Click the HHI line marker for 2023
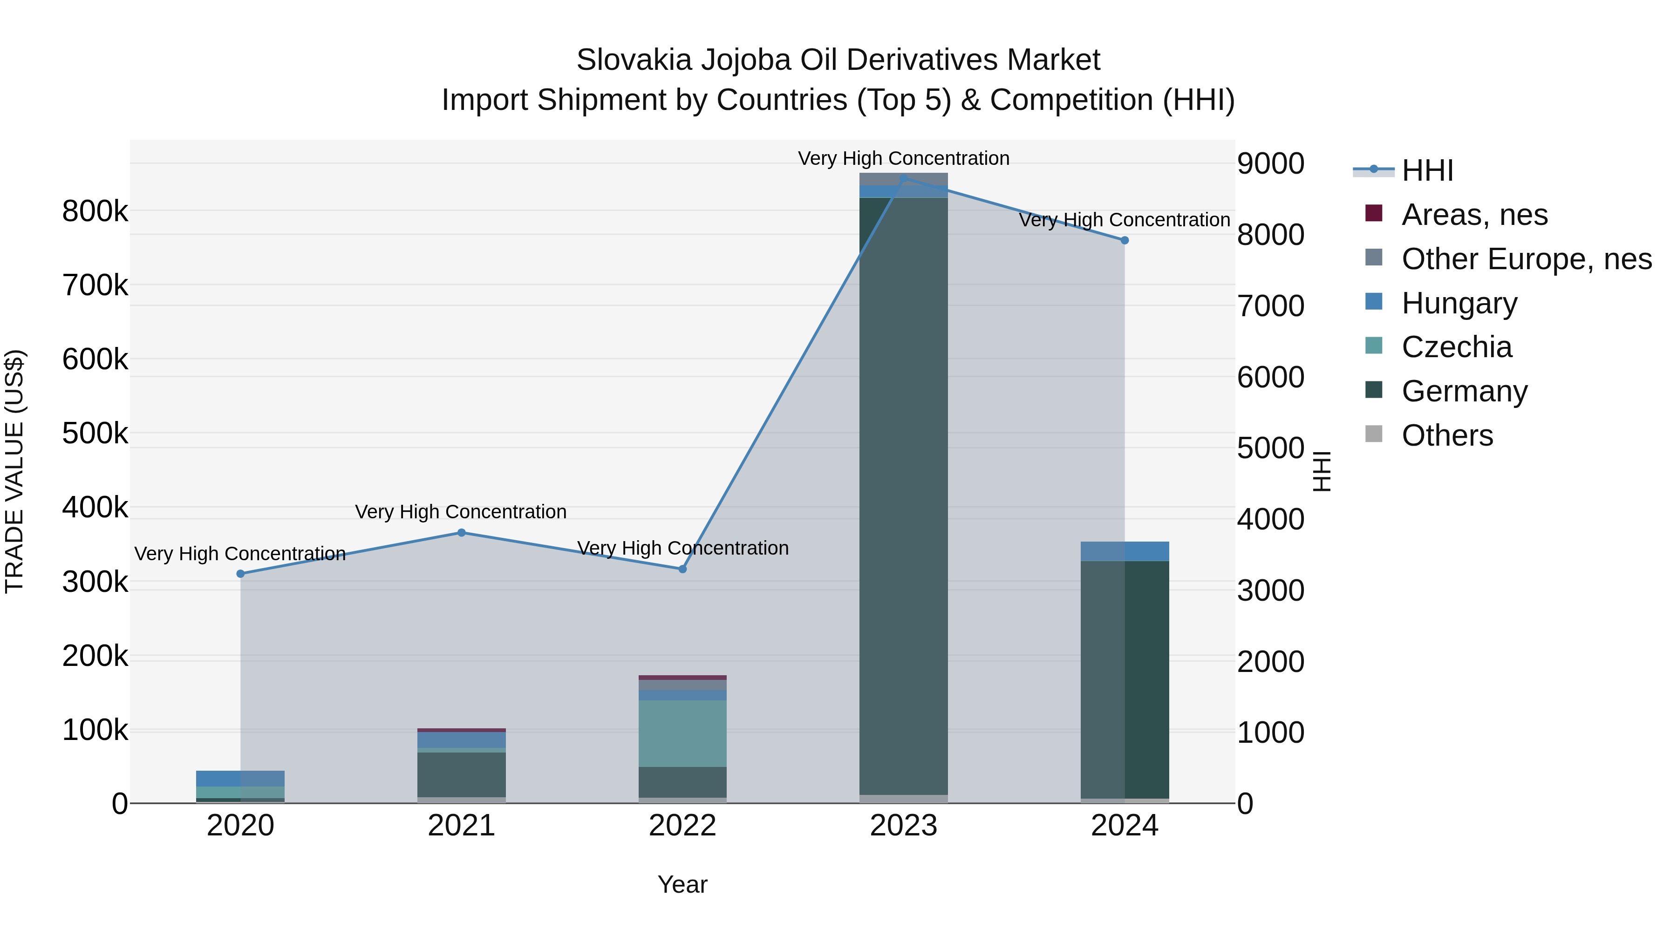pyautogui.click(x=904, y=178)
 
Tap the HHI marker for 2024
pyautogui.click(x=1125, y=240)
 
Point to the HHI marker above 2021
pyautogui.click(x=462, y=532)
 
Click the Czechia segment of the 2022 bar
pyautogui.click(x=682, y=733)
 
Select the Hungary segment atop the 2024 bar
pyautogui.click(x=1125, y=551)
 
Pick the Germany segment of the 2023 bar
pyautogui.click(x=904, y=495)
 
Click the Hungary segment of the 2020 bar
pyautogui.click(x=240, y=778)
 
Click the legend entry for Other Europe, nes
pyautogui.click(x=1526, y=259)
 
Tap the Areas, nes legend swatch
pyautogui.click(x=1374, y=213)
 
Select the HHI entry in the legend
pyautogui.click(x=1427, y=170)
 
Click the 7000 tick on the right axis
pyautogui.click(x=1270, y=306)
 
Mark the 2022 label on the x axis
pyautogui.click(x=682, y=826)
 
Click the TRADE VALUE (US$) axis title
pyautogui.click(x=14, y=471)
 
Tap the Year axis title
pyautogui.click(x=682, y=884)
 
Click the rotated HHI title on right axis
pyautogui.click(x=1322, y=471)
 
